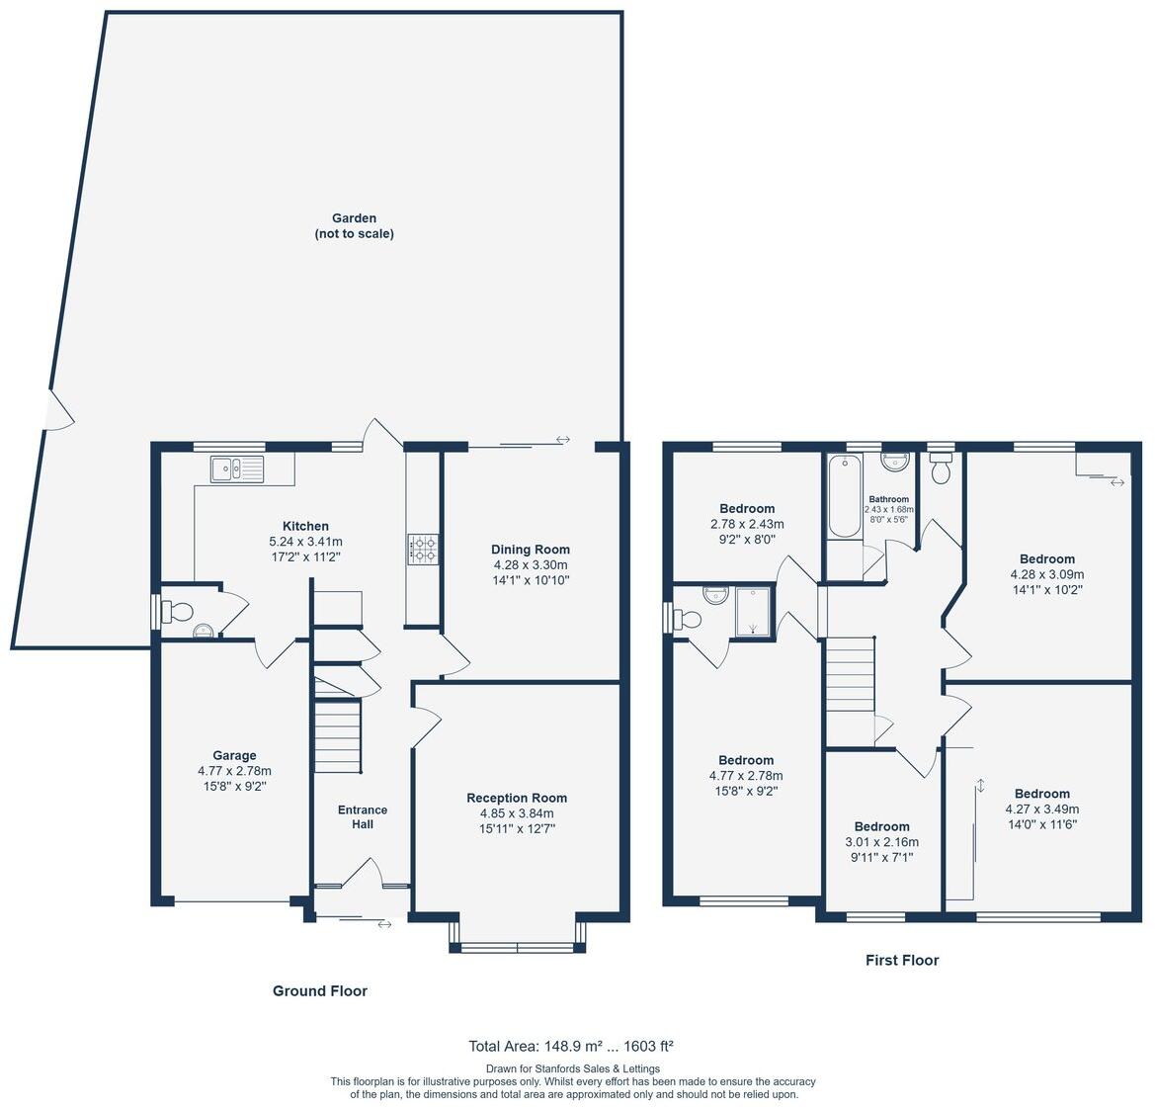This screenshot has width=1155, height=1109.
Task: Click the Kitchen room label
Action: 305,526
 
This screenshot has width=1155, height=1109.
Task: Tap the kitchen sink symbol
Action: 237,469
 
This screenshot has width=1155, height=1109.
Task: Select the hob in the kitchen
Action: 423,549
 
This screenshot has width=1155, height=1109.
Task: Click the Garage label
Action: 234,755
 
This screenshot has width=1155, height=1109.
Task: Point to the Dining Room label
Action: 531,550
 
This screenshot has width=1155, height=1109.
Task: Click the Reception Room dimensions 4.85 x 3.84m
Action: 517,813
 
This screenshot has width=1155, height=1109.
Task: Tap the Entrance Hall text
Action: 363,816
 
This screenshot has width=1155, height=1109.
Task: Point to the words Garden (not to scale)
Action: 354,226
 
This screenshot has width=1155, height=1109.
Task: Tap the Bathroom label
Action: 888,499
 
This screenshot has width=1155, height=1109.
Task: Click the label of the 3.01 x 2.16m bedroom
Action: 881,826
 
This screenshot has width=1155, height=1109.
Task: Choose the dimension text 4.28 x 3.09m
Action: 1046,574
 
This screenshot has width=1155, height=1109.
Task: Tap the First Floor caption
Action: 901,960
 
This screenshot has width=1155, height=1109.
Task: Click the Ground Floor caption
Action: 319,990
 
